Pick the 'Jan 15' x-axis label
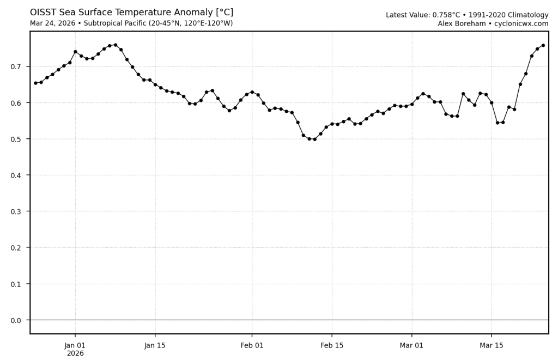coord(155,345)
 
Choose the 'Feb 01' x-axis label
coord(252,345)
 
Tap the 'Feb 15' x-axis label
coord(332,345)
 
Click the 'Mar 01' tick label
coord(411,345)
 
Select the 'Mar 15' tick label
coord(492,345)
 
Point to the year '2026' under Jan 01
coord(75,353)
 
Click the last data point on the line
coord(543,45)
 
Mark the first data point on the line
coord(35,83)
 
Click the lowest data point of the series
coord(314,139)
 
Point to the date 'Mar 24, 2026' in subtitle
coord(54,23)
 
